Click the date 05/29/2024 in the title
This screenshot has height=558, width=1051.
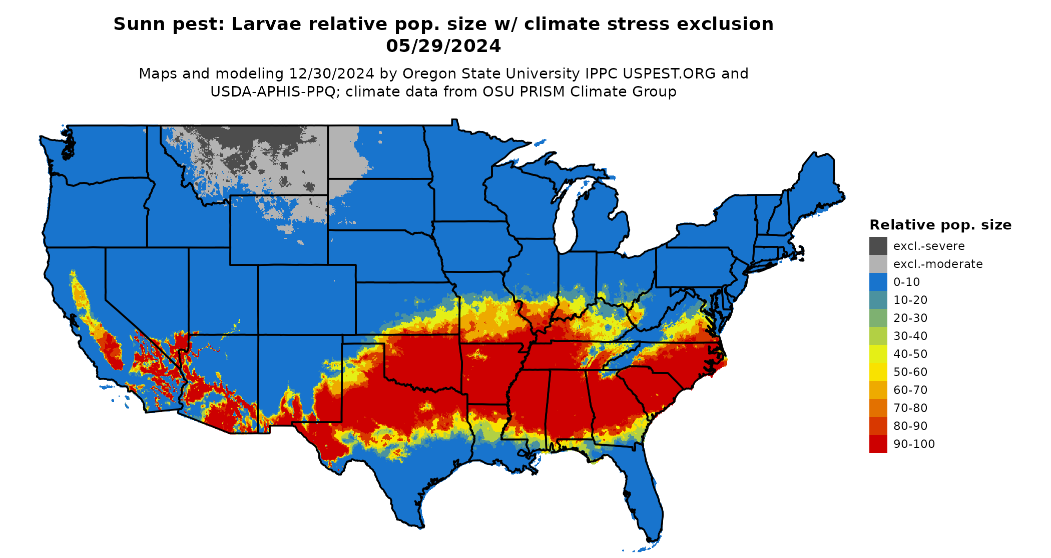tap(443, 46)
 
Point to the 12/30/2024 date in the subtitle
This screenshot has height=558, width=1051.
tap(331, 73)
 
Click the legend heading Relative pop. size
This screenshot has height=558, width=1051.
tap(940, 225)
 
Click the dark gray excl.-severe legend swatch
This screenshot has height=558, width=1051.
tap(878, 246)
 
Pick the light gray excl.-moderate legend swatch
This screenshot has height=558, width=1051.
tap(878, 264)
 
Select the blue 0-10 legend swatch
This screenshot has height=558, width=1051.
tap(878, 282)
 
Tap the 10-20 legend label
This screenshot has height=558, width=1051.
tap(910, 300)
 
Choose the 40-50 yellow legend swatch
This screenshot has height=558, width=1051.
tap(878, 354)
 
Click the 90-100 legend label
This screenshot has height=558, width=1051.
tap(914, 444)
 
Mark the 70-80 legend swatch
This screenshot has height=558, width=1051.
tap(878, 408)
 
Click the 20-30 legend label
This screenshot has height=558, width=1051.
tap(910, 318)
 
